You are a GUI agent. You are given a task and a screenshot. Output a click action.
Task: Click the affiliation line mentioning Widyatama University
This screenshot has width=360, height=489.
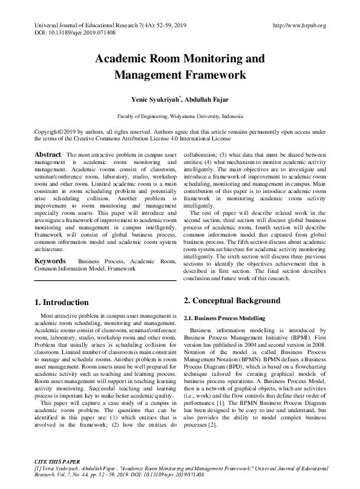[x=180, y=115]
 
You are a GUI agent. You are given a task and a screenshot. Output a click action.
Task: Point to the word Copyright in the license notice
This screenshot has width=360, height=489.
[x=49, y=131]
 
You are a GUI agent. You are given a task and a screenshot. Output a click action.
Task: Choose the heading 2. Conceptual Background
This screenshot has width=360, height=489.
[x=232, y=301]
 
